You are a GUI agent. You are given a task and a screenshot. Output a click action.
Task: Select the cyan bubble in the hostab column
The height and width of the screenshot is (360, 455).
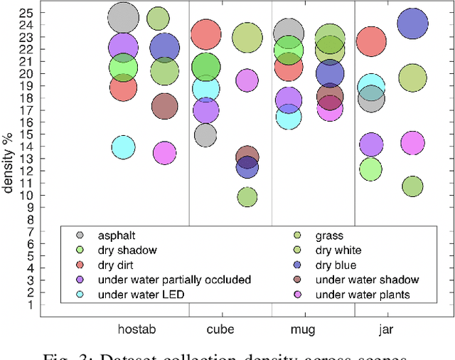click(x=123, y=148)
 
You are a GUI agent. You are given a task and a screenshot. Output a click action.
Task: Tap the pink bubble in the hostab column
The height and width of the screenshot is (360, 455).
click(x=164, y=153)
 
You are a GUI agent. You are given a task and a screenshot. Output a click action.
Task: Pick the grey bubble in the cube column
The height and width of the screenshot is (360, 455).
click(x=205, y=135)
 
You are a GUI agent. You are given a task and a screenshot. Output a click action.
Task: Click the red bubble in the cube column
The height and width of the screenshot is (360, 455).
click(x=206, y=33)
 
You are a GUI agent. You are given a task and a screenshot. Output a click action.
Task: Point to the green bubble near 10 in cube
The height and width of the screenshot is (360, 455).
click(x=247, y=197)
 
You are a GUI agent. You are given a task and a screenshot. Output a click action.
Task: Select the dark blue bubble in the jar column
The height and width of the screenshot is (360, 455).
click(x=412, y=23)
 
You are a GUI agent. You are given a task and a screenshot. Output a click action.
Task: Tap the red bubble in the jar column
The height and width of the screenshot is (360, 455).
click(x=371, y=41)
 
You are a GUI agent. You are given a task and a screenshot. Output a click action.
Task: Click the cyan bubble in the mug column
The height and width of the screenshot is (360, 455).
click(x=288, y=117)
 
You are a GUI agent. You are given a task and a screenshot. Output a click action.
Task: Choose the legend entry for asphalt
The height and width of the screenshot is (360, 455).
click(x=116, y=235)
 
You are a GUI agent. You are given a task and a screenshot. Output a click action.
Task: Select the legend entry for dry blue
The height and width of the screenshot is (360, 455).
click(x=338, y=265)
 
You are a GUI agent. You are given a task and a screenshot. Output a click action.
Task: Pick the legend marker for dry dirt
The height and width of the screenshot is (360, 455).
click(x=80, y=265)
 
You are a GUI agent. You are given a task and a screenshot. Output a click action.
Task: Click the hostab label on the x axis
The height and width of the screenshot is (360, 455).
click(x=136, y=330)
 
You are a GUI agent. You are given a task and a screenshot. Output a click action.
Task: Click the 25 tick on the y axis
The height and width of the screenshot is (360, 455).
click(x=26, y=13)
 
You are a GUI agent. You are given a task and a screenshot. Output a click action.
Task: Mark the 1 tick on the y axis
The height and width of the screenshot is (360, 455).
click(x=29, y=305)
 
